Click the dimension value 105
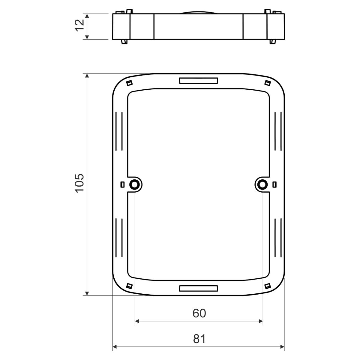[79, 183]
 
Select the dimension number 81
[199, 339]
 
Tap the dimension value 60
[199, 313]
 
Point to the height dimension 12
[79, 25]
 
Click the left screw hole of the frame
[134, 184]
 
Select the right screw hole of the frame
[262, 184]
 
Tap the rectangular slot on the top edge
[198, 81]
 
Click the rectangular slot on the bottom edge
[198, 288]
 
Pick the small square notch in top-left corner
[129, 83]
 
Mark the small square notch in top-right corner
[268, 83]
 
